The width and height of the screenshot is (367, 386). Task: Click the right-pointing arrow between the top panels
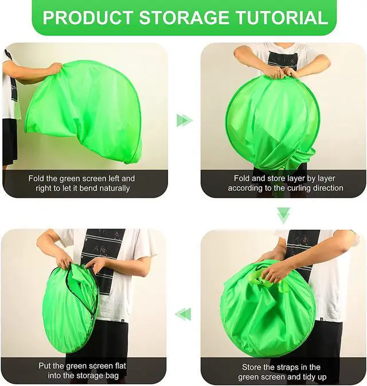click(185, 121)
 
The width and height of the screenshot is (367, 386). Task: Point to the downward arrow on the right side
click(284, 215)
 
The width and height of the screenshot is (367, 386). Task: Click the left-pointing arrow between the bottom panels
click(183, 314)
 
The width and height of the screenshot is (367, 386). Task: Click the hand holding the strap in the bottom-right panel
click(272, 274)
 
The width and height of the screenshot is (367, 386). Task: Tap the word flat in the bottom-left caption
click(120, 366)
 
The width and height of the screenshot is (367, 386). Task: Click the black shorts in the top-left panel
click(10, 141)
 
